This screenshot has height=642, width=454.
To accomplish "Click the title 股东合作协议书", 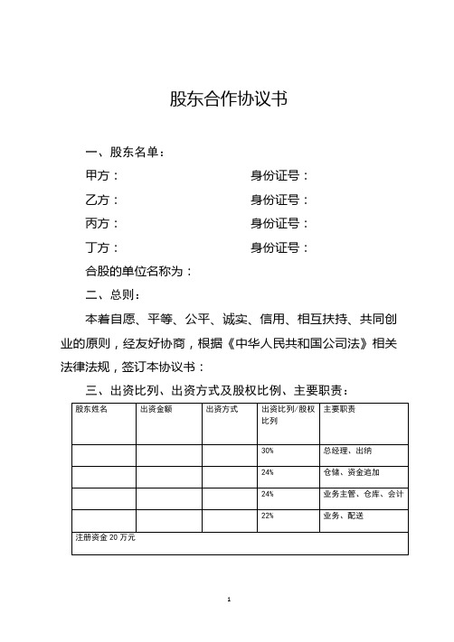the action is tap(229, 99).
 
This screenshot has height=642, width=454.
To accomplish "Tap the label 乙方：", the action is tap(100, 200).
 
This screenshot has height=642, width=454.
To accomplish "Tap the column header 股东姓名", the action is tap(91, 410).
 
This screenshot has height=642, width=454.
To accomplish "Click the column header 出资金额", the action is tap(156, 410).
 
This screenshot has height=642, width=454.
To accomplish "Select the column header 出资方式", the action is tap(222, 410).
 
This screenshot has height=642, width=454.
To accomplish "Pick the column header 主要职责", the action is tap(339, 410).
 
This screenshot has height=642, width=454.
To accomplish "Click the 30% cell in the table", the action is tap(268, 451).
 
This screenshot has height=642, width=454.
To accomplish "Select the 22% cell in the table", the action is tap(268, 516).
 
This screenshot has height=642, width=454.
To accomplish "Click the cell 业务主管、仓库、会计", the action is tap(363, 494).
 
